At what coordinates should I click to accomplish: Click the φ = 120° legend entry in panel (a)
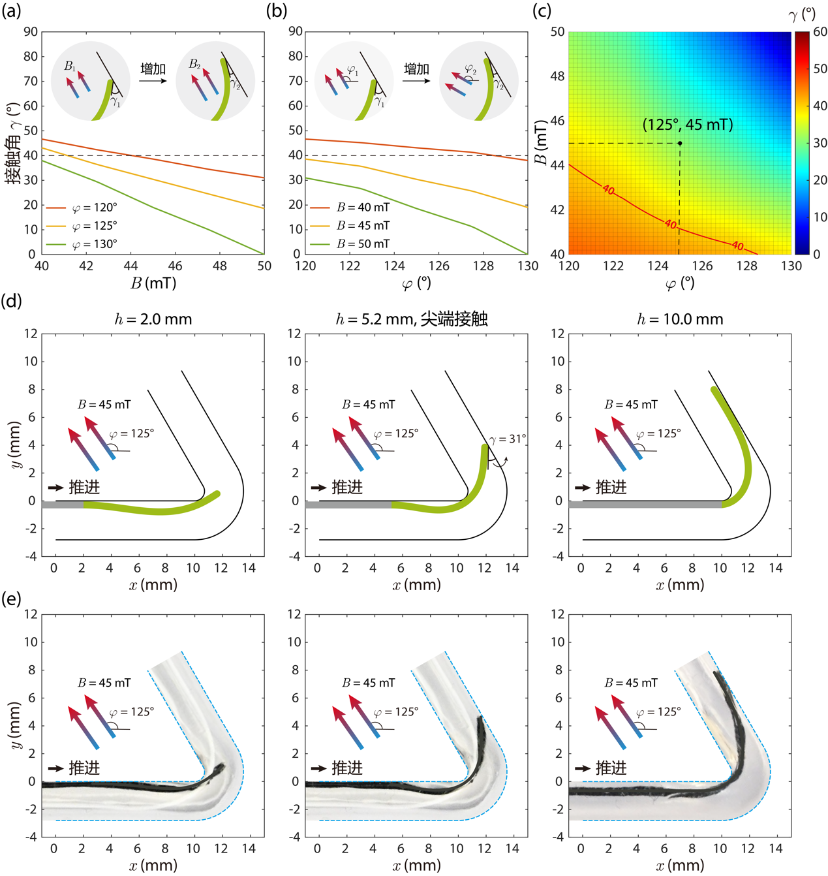[82, 208]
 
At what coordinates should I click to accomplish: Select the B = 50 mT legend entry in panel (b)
[350, 243]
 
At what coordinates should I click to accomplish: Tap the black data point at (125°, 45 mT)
[679, 143]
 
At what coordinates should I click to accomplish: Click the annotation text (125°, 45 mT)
[687, 124]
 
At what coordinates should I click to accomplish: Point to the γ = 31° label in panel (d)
[507, 439]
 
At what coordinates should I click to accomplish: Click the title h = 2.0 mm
[153, 319]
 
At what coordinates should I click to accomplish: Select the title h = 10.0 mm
[680, 319]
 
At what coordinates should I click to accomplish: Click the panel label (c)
[542, 10]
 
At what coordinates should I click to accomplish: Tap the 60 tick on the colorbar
[820, 31]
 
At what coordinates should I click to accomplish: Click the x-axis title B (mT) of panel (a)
[153, 283]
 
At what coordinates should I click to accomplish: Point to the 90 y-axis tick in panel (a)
[31, 31]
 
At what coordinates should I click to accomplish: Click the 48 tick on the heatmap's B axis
[557, 76]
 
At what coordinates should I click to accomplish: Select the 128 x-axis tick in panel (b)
[483, 266]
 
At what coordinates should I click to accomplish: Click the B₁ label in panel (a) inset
[69, 66]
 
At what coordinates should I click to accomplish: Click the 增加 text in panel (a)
[153, 69]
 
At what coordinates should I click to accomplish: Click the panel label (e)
[11, 599]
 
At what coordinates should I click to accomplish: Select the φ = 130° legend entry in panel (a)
[82, 244]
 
